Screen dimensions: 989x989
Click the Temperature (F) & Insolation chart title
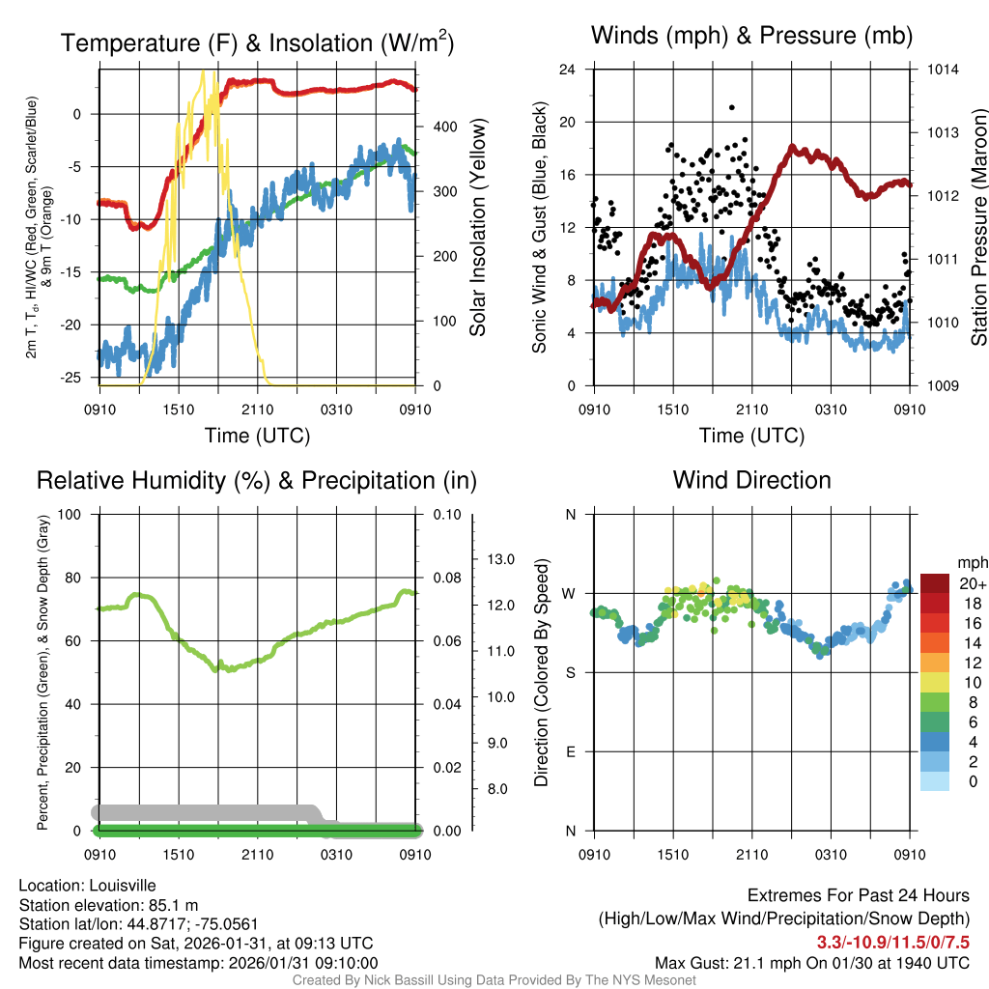[257, 43]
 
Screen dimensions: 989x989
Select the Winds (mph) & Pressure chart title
[751, 36]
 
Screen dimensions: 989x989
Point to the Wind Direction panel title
[751, 480]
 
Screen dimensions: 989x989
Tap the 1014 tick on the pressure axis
[943, 70]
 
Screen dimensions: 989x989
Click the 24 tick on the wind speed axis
[568, 70]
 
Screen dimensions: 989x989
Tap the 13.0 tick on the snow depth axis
[497, 559]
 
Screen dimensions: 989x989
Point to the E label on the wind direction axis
[571, 751]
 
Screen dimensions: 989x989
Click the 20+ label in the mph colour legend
[972, 583]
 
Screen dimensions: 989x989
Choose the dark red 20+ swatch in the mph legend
[936, 583]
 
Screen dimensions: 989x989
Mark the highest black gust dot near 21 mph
[732, 107]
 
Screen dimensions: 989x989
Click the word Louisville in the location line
[119, 886]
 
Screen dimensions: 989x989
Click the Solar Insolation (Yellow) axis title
[478, 227]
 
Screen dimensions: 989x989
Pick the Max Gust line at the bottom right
[811, 962]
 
